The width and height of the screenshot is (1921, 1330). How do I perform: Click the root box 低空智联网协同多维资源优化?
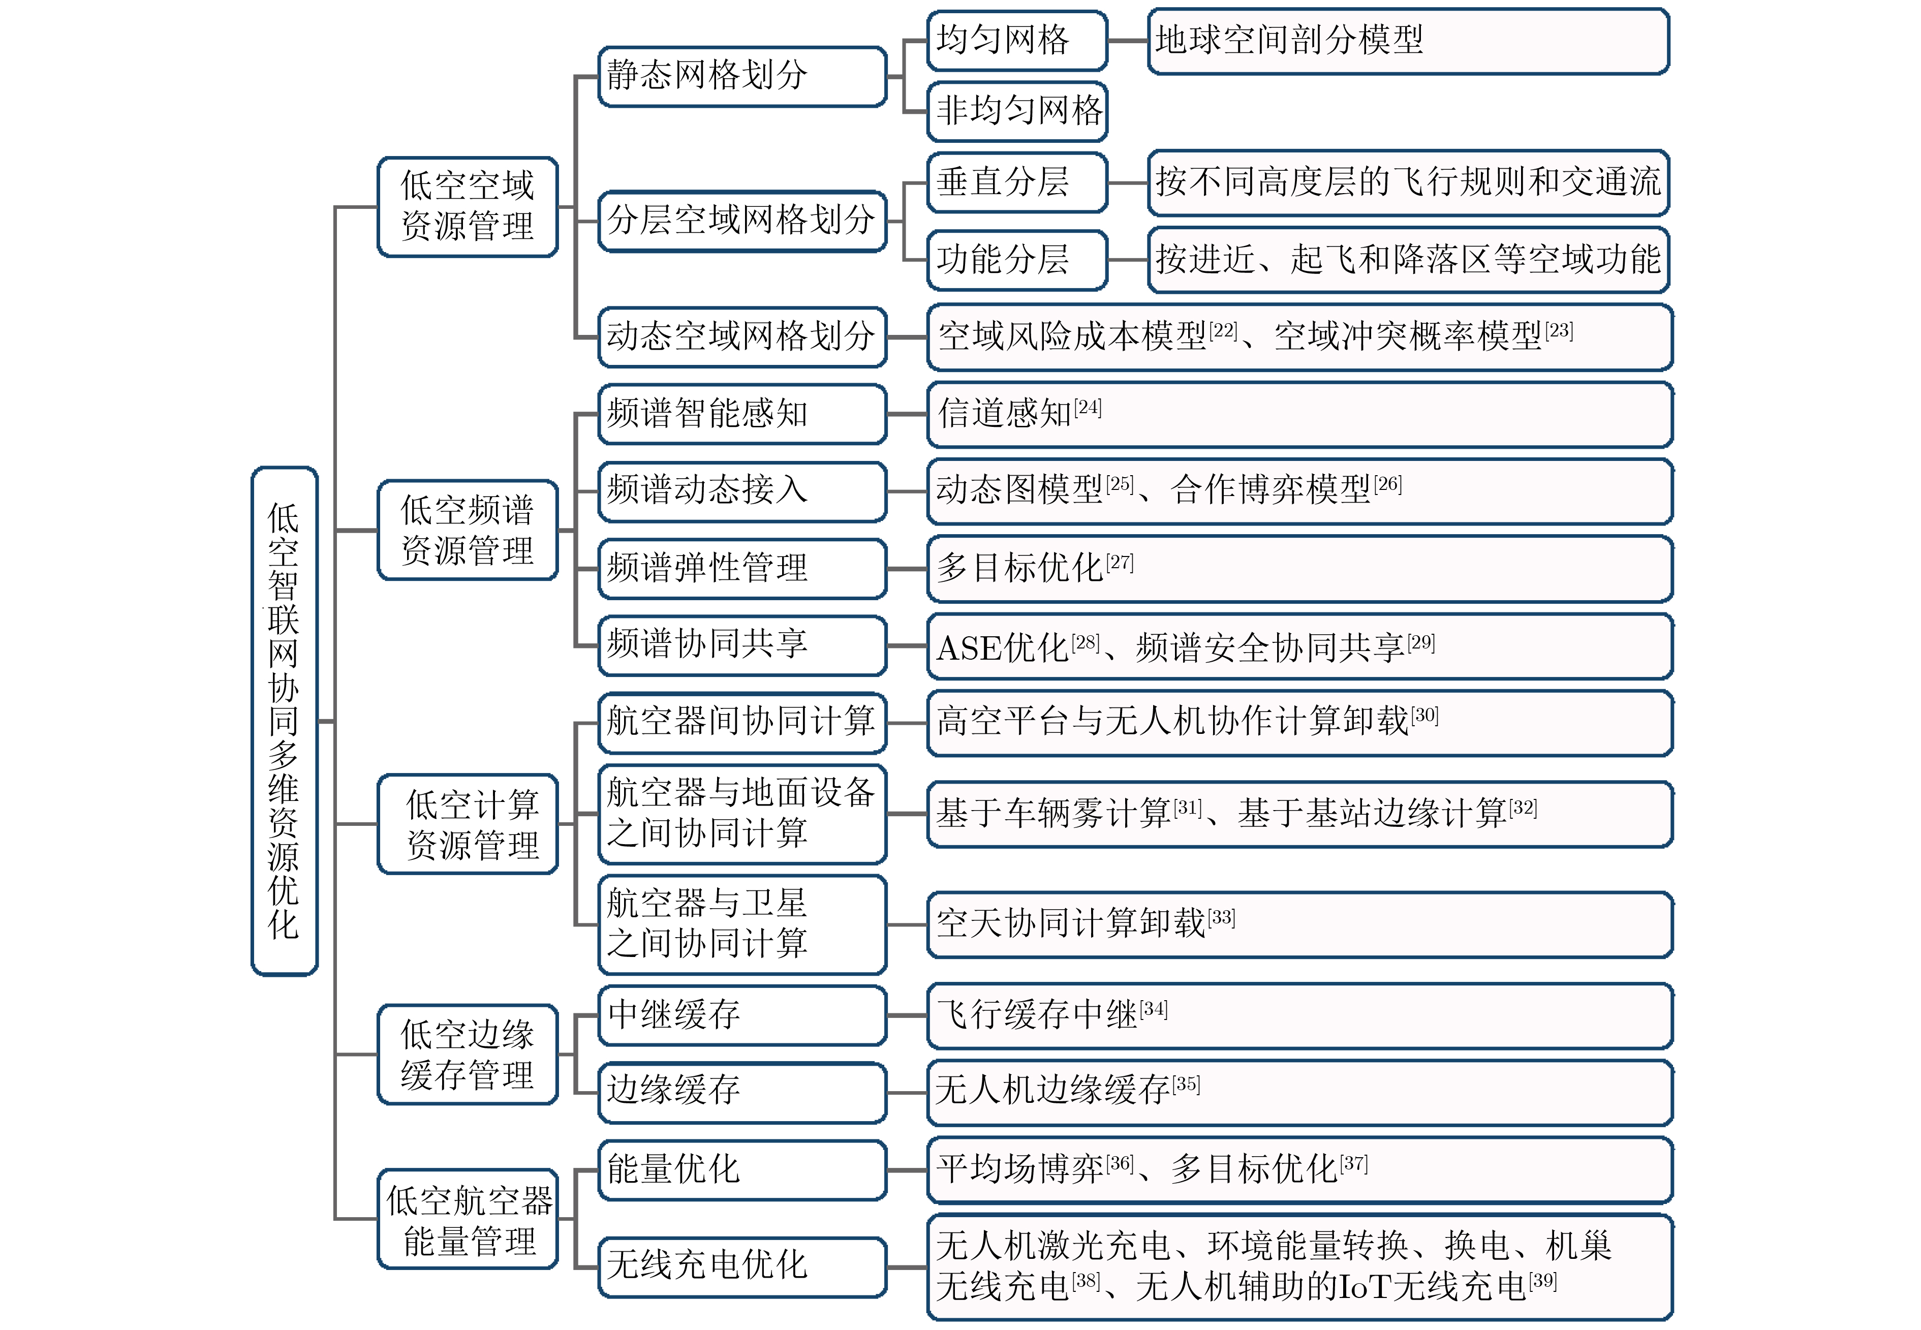click(x=284, y=721)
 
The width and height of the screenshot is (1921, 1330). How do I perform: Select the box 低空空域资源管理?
click(x=468, y=207)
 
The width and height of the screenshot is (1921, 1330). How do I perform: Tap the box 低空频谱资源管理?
click(x=468, y=530)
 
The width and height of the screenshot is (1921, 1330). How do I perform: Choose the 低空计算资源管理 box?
click(x=468, y=824)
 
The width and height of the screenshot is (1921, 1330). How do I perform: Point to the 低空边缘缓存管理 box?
click(x=468, y=1054)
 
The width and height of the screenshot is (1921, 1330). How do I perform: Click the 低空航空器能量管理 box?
click(x=468, y=1219)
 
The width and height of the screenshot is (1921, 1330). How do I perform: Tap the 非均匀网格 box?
click(x=1017, y=111)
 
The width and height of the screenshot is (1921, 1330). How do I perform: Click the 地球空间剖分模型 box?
click(x=1408, y=41)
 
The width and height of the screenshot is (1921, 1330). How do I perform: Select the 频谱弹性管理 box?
click(x=742, y=568)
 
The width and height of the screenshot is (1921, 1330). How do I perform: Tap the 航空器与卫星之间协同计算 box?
click(x=742, y=924)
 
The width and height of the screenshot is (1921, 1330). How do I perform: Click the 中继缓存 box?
click(x=742, y=1015)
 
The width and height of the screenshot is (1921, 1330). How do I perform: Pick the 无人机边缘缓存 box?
click(x=1299, y=1092)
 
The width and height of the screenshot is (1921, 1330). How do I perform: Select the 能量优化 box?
click(x=742, y=1170)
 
